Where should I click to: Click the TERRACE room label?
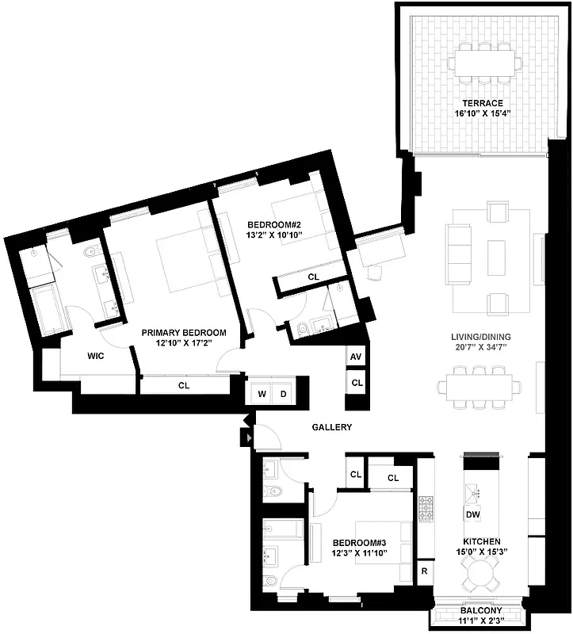click(482, 103)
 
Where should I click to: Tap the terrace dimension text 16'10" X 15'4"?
click(482, 113)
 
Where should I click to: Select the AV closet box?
click(356, 357)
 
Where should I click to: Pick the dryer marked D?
click(282, 394)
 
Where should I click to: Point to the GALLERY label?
click(331, 427)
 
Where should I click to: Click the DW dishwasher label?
click(473, 515)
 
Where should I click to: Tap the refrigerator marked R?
click(425, 571)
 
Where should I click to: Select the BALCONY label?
click(481, 611)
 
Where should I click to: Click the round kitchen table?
click(481, 571)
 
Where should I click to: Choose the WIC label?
click(96, 356)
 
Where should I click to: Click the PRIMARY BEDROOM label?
click(184, 333)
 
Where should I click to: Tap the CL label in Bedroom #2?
click(314, 277)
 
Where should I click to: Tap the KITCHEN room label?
click(483, 540)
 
